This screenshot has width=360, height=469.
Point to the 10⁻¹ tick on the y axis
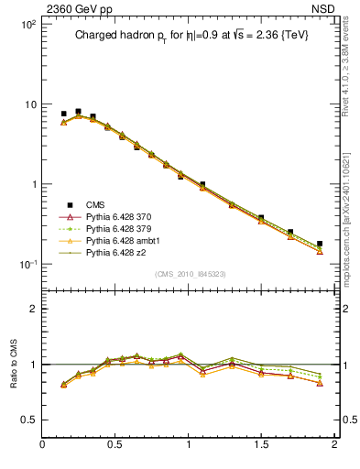point(27,265)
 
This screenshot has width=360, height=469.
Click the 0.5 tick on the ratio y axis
point(28,420)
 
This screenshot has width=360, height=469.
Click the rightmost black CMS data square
point(320,244)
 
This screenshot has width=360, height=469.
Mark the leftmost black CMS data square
point(63,114)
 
